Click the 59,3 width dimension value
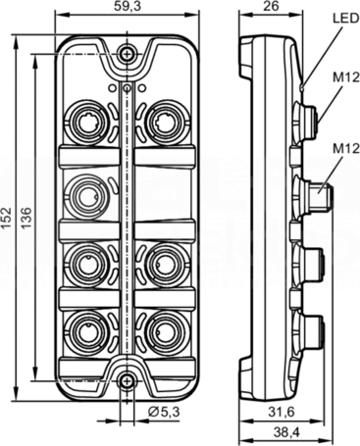[128, 7]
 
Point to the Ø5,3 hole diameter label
[164, 412]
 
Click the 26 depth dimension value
[272, 7]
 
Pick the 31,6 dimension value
[282, 412]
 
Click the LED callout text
[345, 19]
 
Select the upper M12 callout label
[346, 77]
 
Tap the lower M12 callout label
[346, 149]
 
